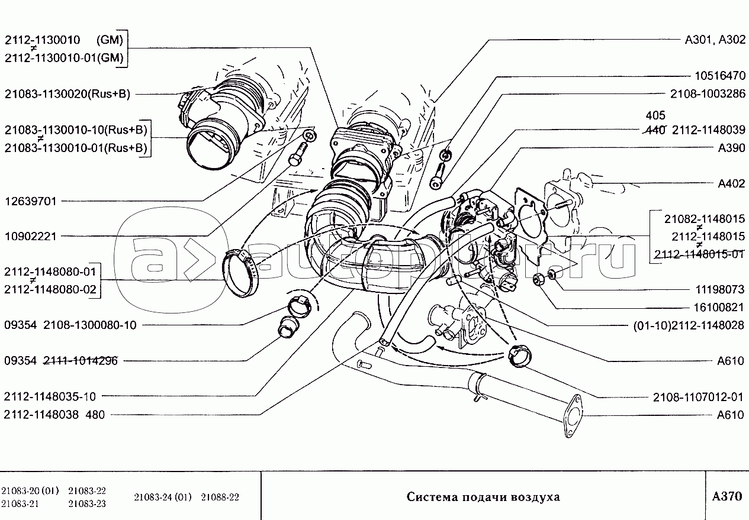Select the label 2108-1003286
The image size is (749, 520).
708,94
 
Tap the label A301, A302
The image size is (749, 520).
715,40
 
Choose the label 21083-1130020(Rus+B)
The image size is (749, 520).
67,94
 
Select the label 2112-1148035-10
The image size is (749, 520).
50,396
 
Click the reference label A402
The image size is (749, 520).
731,184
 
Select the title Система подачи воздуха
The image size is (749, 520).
483,497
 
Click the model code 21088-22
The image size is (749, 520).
220,497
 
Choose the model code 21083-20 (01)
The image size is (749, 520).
30,491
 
